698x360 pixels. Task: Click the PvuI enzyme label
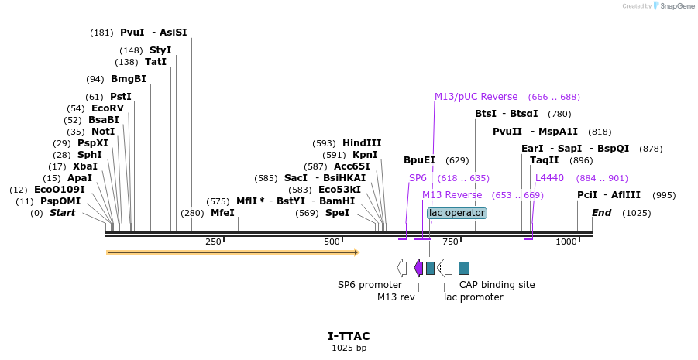click(132, 33)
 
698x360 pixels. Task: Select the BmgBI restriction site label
click(128, 79)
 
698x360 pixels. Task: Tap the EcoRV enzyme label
click(107, 108)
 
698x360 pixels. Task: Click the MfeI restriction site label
click(222, 213)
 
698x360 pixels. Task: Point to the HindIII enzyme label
click(362, 143)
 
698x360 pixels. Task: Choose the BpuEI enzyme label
click(419, 160)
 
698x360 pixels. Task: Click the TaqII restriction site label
click(544, 160)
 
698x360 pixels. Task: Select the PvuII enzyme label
click(507, 132)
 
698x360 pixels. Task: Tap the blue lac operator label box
click(457, 213)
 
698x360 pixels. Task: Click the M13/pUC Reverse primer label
click(476, 97)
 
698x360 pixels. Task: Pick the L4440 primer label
click(549, 178)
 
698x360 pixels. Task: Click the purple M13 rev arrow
click(418, 268)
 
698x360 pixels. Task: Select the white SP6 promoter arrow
click(401, 268)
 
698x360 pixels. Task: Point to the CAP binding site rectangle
click(464, 268)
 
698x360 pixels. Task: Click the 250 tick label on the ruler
click(213, 242)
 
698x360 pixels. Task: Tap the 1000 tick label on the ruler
click(566, 242)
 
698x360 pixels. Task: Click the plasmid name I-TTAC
click(349, 336)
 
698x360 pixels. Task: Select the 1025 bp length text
click(349, 348)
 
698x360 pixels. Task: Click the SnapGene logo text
click(677, 6)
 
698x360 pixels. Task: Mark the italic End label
click(601, 213)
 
